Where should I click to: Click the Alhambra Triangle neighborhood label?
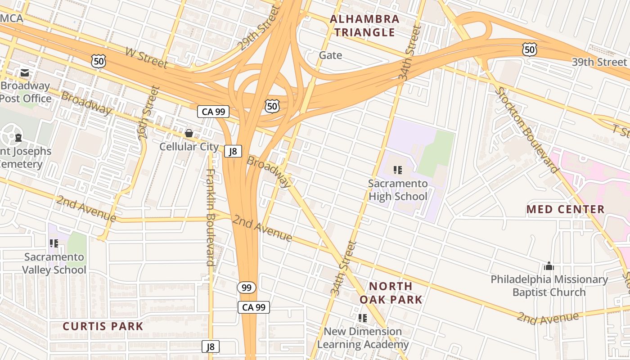364,26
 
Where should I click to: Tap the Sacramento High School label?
398,190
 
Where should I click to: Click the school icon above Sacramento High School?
397,170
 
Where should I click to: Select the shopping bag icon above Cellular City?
189,133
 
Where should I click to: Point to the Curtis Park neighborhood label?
103,326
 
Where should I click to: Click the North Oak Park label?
391,292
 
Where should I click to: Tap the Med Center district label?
566,209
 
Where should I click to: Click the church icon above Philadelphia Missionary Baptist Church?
549,266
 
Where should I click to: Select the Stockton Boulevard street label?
527,130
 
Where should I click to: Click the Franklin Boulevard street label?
211,217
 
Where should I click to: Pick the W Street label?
146,58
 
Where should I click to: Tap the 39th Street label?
599,62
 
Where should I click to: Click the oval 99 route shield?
247,288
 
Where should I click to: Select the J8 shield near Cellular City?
233,151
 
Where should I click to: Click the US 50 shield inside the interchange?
272,106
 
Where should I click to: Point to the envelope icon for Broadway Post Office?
24,72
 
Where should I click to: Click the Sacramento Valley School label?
54,263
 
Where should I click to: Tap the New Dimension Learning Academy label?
363,338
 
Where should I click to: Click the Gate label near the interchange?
330,55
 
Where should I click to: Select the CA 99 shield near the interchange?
213,112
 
